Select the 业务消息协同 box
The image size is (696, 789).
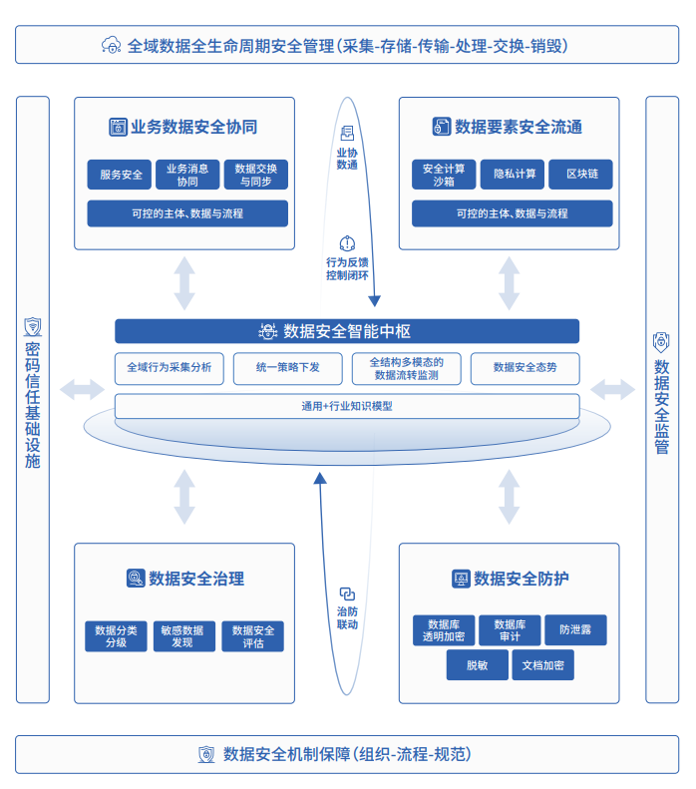coord(187,175)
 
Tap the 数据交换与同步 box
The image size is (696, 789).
coord(256,175)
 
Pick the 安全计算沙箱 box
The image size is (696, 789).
coord(444,175)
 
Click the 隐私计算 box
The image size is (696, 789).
coord(512,175)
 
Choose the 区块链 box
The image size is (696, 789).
coord(580,175)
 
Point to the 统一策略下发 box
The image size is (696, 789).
coord(288,368)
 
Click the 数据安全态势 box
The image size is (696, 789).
coord(524,368)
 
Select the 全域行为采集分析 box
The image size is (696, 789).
coord(170,368)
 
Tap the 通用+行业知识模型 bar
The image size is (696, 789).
coord(347,406)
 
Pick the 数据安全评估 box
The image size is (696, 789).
coord(253,636)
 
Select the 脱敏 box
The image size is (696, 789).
coord(477,665)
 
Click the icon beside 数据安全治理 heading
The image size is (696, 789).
coord(135,579)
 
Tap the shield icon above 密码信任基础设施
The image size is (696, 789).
coord(33,326)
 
